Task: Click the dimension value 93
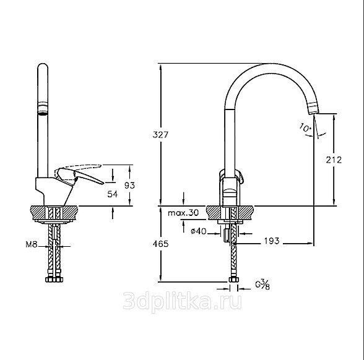coord(129,185)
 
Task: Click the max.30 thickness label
coord(184,213)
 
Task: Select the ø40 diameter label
coord(197,231)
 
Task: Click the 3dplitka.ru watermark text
coord(183,302)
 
